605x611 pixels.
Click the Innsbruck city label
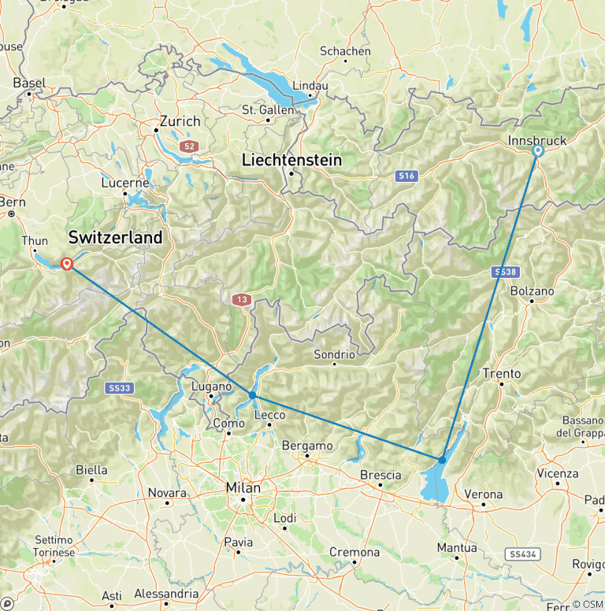538,140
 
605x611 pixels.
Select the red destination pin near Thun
67,264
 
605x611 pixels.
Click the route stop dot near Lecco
252,394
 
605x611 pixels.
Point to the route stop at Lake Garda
442,459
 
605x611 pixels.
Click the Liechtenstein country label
291,160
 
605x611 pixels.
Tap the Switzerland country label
115,237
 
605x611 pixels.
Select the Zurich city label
180,122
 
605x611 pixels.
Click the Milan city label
243,488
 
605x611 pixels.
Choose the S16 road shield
406,176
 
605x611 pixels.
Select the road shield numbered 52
187,146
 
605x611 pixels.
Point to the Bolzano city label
532,291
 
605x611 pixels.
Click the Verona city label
483,494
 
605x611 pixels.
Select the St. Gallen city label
268,110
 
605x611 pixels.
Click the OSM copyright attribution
587,604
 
